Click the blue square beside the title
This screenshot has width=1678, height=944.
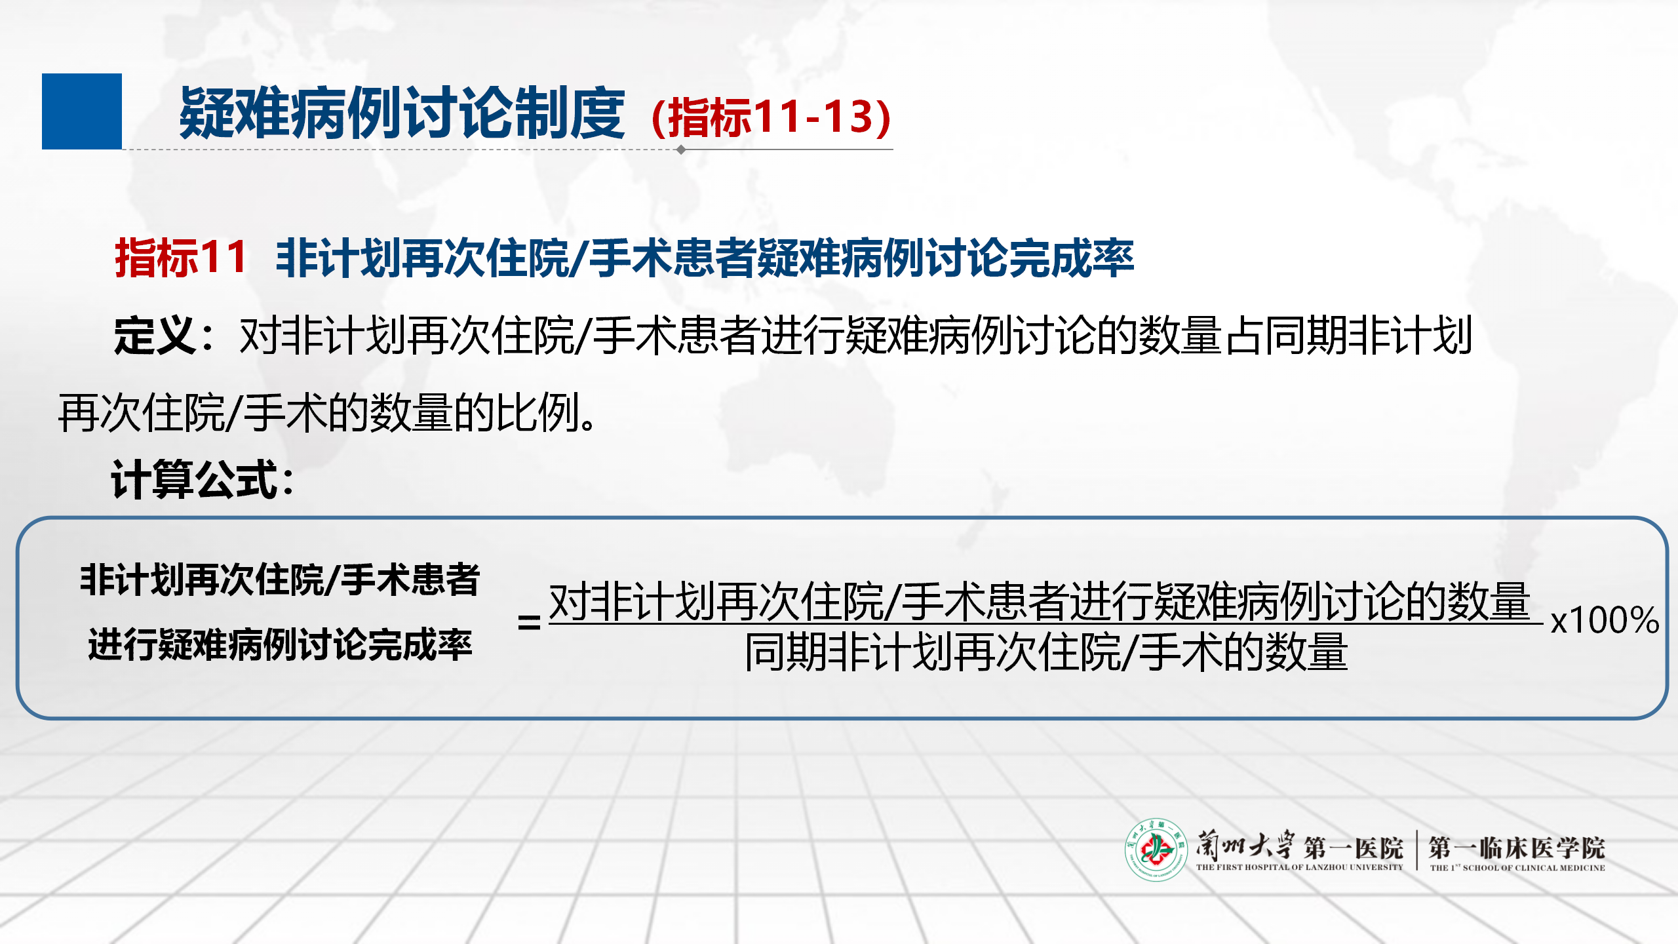click(x=82, y=111)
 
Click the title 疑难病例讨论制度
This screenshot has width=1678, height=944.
click(x=402, y=114)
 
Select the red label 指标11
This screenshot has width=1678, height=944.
click(x=181, y=258)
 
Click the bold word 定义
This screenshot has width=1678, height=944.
click(x=155, y=336)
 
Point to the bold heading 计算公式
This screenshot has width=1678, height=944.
click(x=196, y=479)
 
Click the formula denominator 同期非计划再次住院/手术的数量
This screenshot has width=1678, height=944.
click(x=1046, y=652)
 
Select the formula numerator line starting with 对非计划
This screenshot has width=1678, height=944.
click(x=1040, y=602)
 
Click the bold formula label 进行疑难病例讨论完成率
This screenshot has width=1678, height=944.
click(x=281, y=644)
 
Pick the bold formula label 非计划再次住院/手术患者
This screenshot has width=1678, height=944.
click(x=281, y=580)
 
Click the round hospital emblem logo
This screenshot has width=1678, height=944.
click(x=1156, y=850)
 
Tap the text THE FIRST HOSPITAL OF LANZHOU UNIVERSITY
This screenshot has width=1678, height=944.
click(x=1300, y=867)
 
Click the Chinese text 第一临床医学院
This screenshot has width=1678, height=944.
click(x=1517, y=848)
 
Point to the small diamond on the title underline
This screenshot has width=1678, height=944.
click(x=681, y=149)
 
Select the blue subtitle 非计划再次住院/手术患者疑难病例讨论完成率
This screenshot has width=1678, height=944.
click(x=705, y=258)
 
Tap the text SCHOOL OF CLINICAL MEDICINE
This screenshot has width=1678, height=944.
click(x=1534, y=868)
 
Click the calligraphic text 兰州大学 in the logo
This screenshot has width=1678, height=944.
click(x=1245, y=845)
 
